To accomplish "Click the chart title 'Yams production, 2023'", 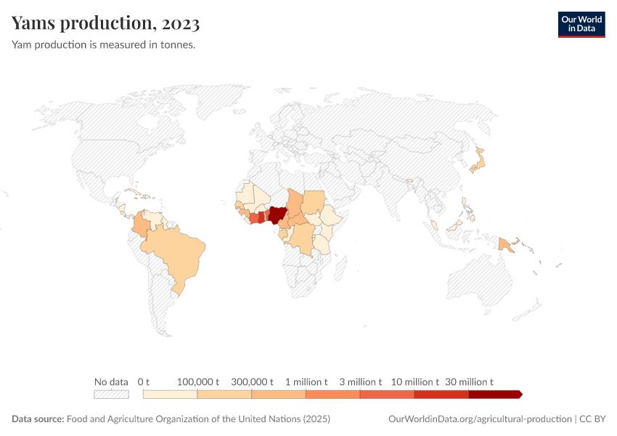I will tap(106, 23).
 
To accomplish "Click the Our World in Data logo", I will tap(581, 23).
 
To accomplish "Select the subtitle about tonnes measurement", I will tap(103, 45).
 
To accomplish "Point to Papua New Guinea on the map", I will tap(506, 245).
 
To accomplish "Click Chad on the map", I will tap(295, 203).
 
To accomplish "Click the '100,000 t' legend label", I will tap(198, 381).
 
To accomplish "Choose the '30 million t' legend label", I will tap(469, 381).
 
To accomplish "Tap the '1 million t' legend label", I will tap(306, 381).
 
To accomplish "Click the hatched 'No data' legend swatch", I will tap(111, 395).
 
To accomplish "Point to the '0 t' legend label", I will tap(144, 381).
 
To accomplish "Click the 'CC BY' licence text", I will tap(592, 419).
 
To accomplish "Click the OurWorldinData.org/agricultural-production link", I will tap(480, 419).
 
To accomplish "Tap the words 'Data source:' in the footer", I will tap(38, 419).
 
